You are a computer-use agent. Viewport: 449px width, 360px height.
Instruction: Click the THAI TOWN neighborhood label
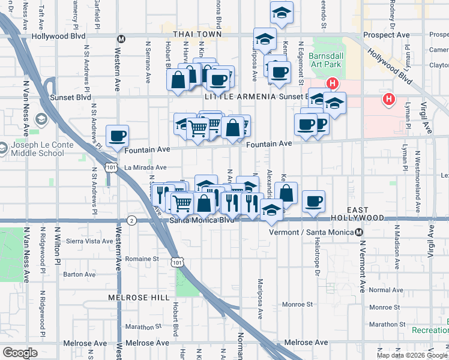[197, 35]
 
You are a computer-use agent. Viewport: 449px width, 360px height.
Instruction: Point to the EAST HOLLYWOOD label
[366, 214]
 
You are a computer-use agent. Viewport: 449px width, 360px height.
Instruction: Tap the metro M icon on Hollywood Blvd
[121, 39]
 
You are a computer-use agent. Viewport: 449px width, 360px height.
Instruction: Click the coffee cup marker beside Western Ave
[117, 136]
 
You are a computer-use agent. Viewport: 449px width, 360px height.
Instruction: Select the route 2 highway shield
[131, 221]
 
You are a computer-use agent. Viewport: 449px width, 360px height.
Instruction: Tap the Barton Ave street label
[79, 274]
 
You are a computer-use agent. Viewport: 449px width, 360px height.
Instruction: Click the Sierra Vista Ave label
[89, 241]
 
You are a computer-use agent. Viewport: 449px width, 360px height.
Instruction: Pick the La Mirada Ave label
[145, 168]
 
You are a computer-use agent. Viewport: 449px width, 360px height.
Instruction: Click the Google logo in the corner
[20, 353]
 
